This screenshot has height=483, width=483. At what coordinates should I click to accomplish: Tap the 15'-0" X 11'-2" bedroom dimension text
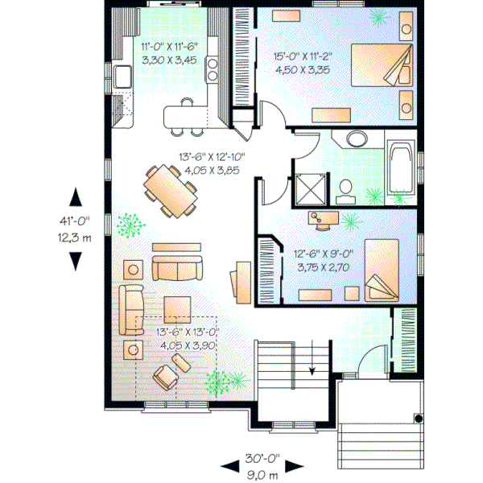[x=302, y=57]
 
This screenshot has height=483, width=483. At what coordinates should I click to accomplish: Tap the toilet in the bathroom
[x=345, y=189]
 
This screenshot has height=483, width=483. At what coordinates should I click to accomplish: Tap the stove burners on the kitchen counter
[x=213, y=70]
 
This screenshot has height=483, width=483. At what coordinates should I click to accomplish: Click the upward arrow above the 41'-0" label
[x=76, y=198]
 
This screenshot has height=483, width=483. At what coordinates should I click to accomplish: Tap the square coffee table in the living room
[x=177, y=308]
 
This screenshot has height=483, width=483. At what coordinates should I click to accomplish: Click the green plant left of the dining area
[x=126, y=225]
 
